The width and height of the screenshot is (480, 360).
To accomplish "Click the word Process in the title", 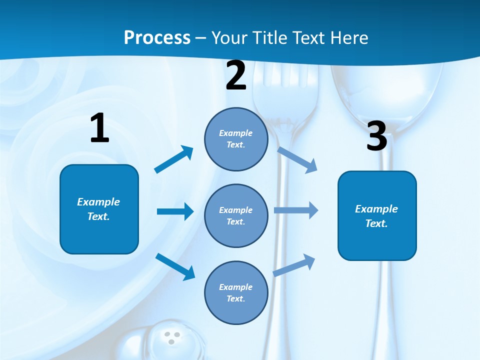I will pos(157,37).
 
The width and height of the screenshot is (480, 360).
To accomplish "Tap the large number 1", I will pos(99,128).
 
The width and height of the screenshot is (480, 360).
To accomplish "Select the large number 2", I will pos(236,75).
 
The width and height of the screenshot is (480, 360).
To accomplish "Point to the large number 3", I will pos(376,136).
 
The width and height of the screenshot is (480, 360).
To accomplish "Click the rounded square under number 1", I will pos(99,209).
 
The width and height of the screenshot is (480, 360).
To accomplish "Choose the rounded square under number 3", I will pos(377,215).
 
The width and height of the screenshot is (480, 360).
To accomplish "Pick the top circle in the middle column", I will pos(236,139).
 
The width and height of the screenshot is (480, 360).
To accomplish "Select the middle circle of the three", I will pos(236,215).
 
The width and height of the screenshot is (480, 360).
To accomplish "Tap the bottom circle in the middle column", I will pos(236,292).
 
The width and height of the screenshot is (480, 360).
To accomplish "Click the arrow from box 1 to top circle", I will pos(173,159).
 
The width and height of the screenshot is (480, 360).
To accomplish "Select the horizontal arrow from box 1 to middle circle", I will pos(174,211).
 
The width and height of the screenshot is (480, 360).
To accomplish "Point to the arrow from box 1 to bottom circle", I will pos(175,266).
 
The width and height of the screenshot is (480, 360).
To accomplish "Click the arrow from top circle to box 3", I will pos(297,159).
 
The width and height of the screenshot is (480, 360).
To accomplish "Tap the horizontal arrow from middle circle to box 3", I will pos(295,210).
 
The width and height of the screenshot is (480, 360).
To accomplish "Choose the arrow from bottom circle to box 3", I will pos(294,265).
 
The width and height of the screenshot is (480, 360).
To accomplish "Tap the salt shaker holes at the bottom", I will pos(172,337).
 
